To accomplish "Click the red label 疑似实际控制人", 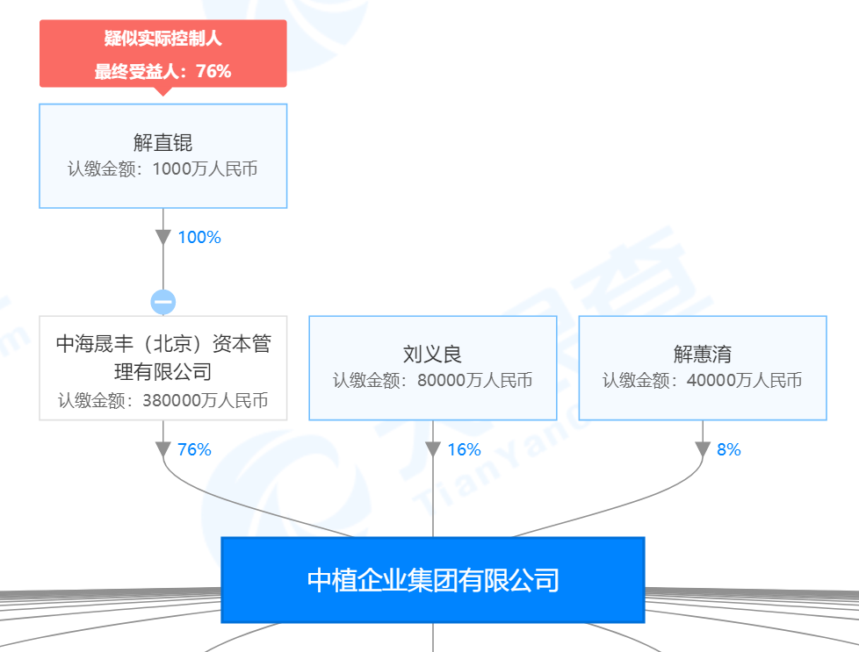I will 162,39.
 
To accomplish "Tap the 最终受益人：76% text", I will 162,72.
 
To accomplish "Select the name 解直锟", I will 162,142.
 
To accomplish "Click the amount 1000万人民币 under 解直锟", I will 204,169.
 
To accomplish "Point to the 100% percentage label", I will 199,237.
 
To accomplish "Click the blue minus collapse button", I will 163,302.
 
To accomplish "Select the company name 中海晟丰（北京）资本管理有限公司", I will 162,357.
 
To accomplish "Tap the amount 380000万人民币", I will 204,401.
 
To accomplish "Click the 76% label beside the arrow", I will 194,449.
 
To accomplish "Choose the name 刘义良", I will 432,355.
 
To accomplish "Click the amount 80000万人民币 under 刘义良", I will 474,381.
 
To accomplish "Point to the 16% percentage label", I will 464,449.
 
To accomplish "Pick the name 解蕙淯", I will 702,355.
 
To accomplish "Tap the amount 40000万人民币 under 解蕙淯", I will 744,381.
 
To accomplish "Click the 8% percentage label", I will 728,449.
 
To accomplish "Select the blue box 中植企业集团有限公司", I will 432,580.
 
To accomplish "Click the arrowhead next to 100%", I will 163,238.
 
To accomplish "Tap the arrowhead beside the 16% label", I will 432,449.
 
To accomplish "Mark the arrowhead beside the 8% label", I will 702,449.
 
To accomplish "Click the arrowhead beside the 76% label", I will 163,449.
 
